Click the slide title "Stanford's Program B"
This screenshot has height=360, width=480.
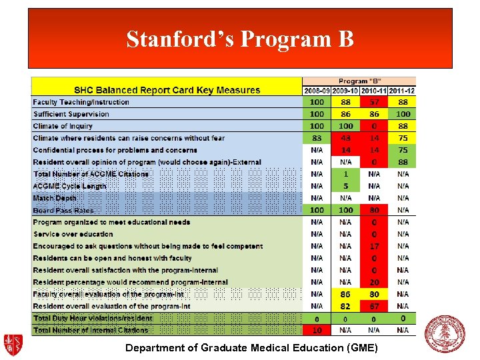pos(240,39)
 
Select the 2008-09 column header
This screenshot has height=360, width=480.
pos(317,91)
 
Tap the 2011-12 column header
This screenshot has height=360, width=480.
pos(403,91)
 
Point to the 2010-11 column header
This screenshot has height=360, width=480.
pos(374,91)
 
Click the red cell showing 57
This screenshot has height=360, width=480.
pos(374,102)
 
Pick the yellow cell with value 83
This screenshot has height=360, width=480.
pos(317,138)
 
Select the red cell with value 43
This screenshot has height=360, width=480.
pos(345,138)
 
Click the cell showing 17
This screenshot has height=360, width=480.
pos(374,246)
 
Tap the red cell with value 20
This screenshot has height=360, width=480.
pos(374,282)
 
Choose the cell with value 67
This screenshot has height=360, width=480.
pos(374,306)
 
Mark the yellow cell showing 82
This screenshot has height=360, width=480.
pos(345,306)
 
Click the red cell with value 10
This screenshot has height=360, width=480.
pos(317,330)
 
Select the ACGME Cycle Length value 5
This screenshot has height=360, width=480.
pos(345,186)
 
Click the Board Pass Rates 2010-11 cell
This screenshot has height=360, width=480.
pos(374,210)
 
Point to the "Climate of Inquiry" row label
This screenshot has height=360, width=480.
pos(63,126)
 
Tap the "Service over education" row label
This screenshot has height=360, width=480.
pos(73,234)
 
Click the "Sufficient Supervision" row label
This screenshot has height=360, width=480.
pos(71,114)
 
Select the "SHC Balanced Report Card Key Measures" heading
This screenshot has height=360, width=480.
pos(167,90)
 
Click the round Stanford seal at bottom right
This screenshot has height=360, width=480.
pos(445,333)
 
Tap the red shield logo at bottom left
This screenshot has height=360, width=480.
pos(13,345)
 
